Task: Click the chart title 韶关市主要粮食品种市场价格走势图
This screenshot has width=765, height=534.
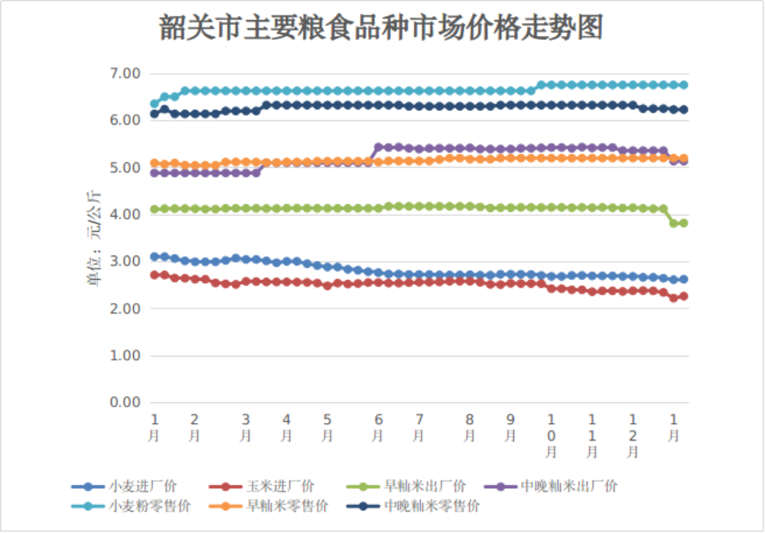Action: pos(381,28)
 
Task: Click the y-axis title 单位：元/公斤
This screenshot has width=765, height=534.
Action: pos(93,238)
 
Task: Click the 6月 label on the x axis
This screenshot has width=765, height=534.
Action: pos(378,428)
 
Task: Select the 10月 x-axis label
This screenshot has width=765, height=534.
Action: pos(551,435)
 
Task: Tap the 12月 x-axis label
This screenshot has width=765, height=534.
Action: pos(633,435)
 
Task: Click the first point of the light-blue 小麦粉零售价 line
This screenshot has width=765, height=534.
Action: pos(155,103)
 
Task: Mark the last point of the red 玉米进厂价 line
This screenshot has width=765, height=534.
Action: pos(683,296)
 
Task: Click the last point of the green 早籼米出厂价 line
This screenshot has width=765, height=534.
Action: pos(683,223)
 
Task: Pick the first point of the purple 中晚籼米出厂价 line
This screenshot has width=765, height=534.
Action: pos(155,173)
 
